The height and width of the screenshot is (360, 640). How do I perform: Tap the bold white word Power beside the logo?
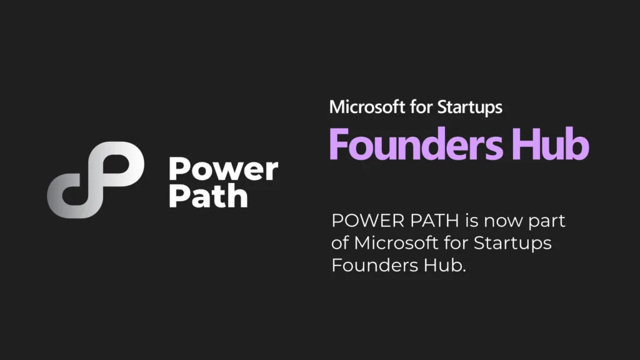point(223,169)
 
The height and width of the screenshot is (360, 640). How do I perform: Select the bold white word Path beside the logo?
point(208,196)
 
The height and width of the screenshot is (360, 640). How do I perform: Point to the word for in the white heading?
point(421,107)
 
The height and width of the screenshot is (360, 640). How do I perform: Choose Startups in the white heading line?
point(470,108)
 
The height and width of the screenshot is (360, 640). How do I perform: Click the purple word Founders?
point(416,144)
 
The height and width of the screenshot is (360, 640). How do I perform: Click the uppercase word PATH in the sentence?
point(434,221)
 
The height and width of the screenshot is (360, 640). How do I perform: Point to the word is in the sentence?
point(472,221)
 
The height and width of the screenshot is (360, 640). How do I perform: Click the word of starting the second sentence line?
point(340,243)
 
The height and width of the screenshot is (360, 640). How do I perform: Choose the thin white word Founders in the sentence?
point(375,265)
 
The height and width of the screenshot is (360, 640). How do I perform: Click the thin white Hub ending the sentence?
point(444,265)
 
